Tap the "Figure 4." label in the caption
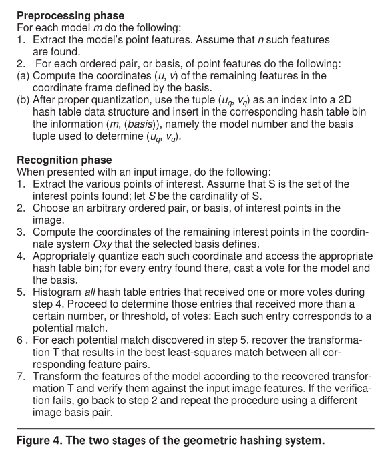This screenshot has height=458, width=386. click(39, 442)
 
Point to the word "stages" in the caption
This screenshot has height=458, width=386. click(134, 442)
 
